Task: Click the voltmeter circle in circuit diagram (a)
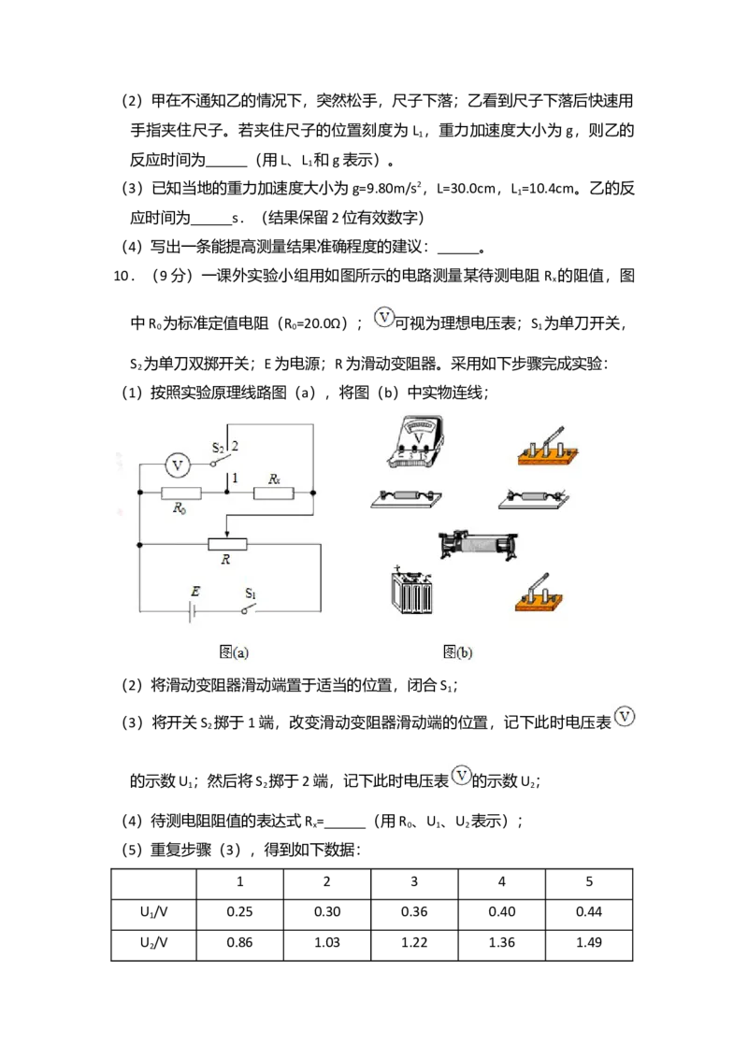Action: click(178, 465)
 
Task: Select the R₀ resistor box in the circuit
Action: click(181, 493)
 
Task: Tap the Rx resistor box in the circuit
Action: click(273, 493)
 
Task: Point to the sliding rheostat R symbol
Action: click(227, 544)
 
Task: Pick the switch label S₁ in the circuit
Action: click(251, 593)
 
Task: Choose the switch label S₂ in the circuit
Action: click(218, 448)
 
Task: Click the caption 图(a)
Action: click(234, 651)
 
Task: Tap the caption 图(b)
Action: click(457, 651)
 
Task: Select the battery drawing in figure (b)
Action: click(411, 591)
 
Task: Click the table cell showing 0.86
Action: click(239, 943)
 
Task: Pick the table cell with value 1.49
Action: click(589, 943)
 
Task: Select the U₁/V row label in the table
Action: click(154, 912)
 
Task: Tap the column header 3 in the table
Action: click(414, 882)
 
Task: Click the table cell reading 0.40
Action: click(501, 911)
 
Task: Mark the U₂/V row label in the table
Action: click(154, 943)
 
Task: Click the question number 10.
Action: click(122, 276)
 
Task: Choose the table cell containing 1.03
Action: click(326, 943)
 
